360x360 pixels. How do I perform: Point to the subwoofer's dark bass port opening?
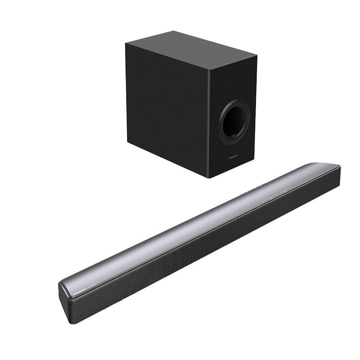[235, 121]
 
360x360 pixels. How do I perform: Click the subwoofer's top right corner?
[257, 56]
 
